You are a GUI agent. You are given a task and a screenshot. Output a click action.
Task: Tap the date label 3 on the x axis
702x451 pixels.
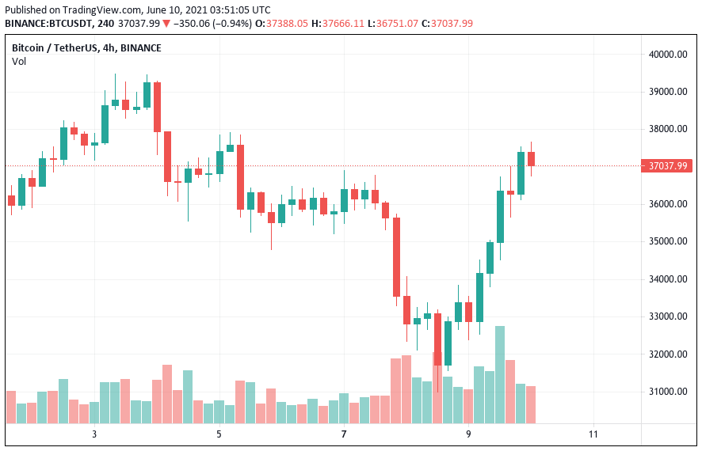click(x=94, y=434)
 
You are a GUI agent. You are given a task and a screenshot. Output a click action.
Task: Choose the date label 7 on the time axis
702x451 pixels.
click(x=344, y=434)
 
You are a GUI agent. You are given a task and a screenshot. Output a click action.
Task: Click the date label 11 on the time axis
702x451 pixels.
click(x=593, y=434)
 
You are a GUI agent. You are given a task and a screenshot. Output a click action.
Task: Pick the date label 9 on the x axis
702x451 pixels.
click(x=468, y=434)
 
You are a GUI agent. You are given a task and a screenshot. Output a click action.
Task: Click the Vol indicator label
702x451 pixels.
click(x=18, y=62)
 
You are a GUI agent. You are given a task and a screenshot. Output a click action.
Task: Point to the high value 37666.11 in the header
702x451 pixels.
click(x=343, y=24)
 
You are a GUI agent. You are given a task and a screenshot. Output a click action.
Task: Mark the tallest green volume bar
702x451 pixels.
click(x=500, y=374)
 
